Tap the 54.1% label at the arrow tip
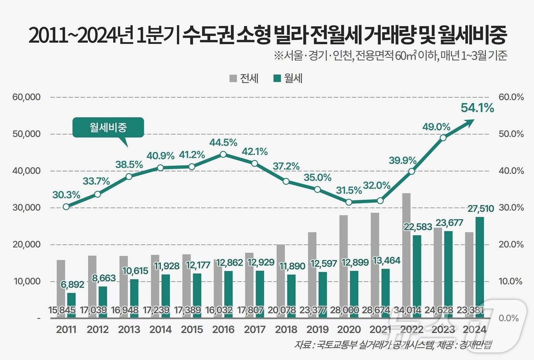[x=477, y=108]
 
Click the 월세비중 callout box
[x=108, y=127]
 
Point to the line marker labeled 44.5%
[x=224, y=154]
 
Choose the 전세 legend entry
[x=244, y=78]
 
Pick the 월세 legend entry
[x=288, y=78]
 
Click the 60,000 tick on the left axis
[x=26, y=97]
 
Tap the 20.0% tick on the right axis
[x=511, y=244]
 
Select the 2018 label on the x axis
[x=286, y=329]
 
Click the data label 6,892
[x=72, y=284]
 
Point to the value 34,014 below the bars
[x=407, y=310]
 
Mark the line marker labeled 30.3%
[x=66, y=207]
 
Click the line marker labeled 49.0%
[x=443, y=138]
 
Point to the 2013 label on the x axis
[x=129, y=329]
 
